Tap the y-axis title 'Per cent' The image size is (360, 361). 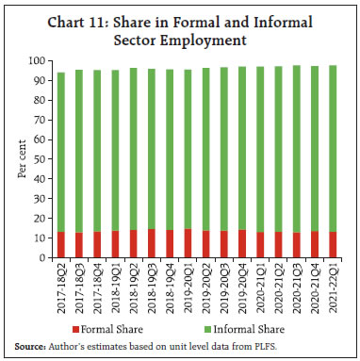click(x=20, y=160)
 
